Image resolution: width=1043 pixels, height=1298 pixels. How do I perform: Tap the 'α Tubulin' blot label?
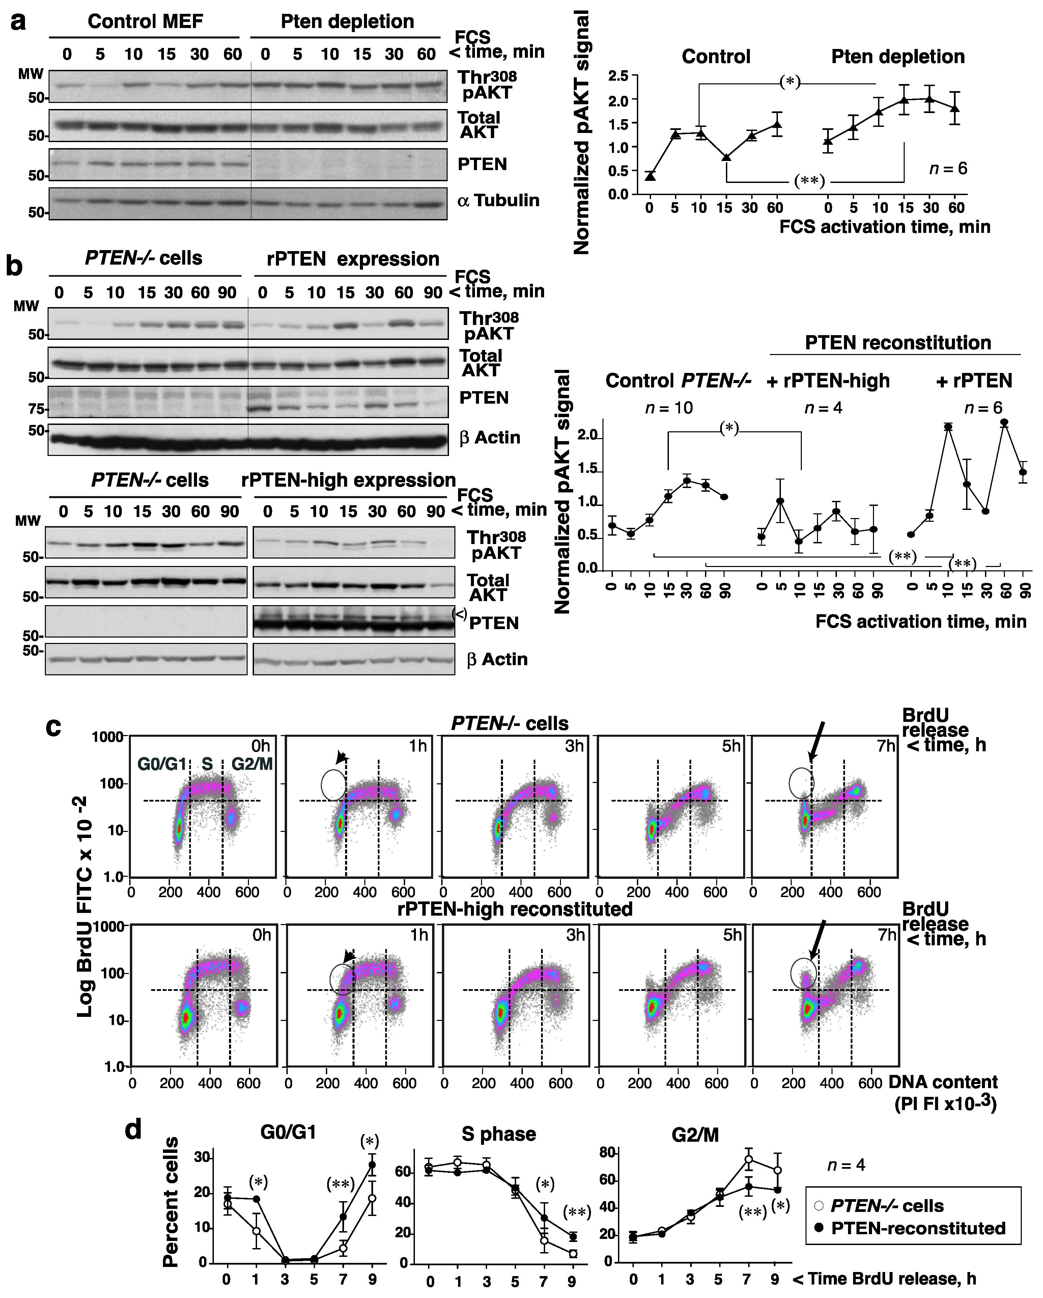coord(498,200)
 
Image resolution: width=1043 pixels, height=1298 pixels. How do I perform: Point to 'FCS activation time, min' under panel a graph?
coord(884,227)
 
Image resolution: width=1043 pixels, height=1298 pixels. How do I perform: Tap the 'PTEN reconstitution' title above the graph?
coord(897,343)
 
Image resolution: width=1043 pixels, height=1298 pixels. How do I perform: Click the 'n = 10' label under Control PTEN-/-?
coord(669,408)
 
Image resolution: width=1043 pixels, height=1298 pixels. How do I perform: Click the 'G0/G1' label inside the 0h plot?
coord(161,764)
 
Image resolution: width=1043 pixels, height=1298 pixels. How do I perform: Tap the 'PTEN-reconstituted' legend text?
coord(918,1228)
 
